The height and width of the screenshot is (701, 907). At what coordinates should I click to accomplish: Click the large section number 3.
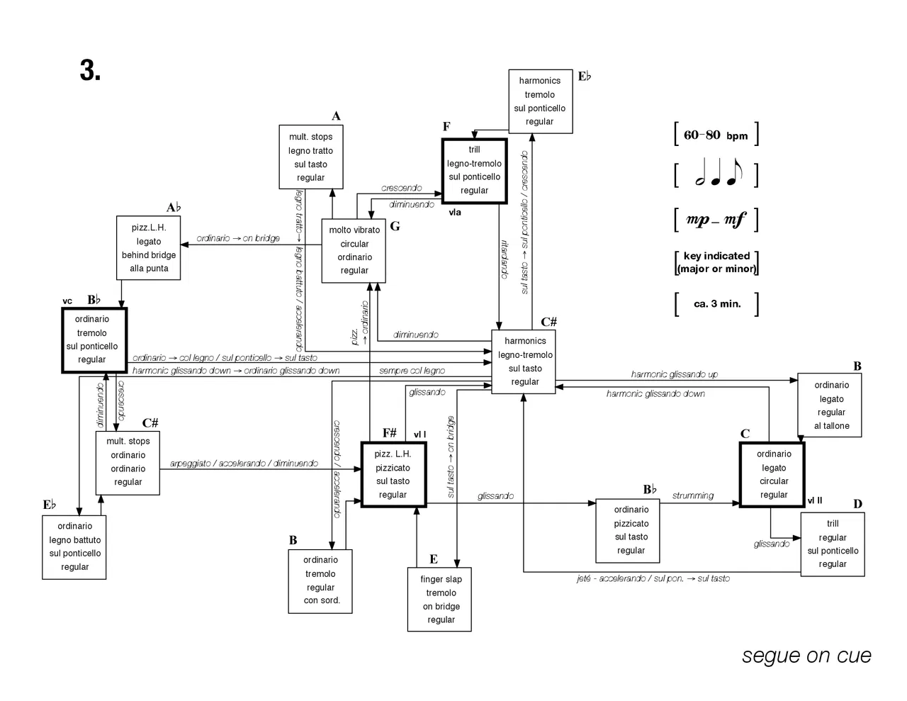pyautogui.click(x=90, y=70)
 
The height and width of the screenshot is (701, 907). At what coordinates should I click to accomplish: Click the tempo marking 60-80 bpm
pyautogui.click(x=716, y=135)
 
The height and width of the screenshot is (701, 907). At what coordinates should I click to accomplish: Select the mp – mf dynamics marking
pyautogui.click(x=716, y=220)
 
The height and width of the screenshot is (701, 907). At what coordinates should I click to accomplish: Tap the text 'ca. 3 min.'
pyautogui.click(x=717, y=304)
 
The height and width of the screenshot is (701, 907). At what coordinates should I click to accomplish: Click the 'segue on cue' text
pyautogui.click(x=806, y=656)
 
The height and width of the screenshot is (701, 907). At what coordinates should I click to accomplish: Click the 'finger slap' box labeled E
pyautogui.click(x=440, y=599)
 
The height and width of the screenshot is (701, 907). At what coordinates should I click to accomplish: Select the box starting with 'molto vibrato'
pyautogui.click(x=354, y=250)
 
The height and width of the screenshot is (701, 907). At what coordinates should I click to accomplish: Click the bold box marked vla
pyautogui.click(x=474, y=171)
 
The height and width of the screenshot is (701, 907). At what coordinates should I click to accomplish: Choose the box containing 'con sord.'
pyautogui.click(x=321, y=581)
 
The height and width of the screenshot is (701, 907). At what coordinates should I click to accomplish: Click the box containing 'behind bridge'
pyautogui.click(x=149, y=248)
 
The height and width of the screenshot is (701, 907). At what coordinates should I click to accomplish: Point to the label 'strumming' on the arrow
pyautogui.click(x=693, y=495)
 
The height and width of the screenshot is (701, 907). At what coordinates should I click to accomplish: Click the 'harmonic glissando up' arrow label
pyautogui.click(x=674, y=374)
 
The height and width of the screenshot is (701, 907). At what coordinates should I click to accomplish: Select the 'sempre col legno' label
pyautogui.click(x=412, y=371)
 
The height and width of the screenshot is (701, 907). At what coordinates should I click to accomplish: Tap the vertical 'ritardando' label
pyautogui.click(x=505, y=259)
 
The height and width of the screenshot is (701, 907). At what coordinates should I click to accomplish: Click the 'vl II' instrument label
pyautogui.click(x=815, y=500)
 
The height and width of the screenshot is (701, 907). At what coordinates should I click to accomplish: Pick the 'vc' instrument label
pyautogui.click(x=67, y=301)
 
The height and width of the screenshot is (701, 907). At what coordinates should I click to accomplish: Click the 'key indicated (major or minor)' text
pyautogui.click(x=716, y=262)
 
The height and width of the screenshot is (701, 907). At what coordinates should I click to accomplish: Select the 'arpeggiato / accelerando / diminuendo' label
pyautogui.click(x=244, y=464)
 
